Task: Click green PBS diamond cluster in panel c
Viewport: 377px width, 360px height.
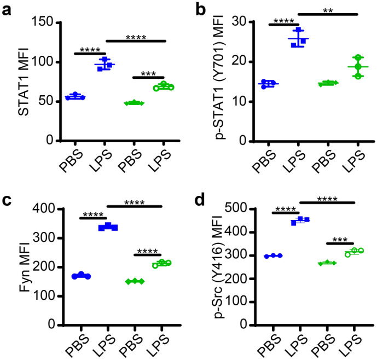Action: point(134,281)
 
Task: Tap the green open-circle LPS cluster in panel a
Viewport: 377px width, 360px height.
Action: point(163,86)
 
